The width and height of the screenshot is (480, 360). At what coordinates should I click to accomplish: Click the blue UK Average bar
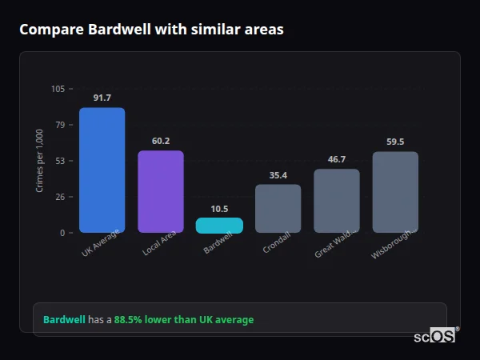pos(102,170)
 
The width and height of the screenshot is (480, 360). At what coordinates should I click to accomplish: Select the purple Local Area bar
pos(161,192)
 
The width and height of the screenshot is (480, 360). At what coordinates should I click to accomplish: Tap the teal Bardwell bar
pos(219,226)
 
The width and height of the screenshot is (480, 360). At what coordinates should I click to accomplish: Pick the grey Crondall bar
pos(278,209)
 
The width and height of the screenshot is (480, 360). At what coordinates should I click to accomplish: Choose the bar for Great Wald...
pos(337,201)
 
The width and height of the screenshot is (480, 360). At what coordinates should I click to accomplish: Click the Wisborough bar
pos(395,192)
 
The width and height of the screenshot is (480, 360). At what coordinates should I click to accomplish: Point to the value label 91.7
pos(102,98)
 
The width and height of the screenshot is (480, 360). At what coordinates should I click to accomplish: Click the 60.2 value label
pos(161,141)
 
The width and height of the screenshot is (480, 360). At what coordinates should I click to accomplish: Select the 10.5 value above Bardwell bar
pos(219,209)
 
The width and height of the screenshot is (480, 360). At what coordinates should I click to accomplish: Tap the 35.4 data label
pos(278,175)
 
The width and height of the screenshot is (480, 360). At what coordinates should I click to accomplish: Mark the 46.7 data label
pos(337,159)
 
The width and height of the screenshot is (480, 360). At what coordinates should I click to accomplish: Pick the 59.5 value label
pos(395,142)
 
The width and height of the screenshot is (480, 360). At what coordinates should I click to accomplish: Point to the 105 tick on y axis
pos(58,89)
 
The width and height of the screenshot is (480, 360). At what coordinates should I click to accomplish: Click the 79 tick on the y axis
pos(60,125)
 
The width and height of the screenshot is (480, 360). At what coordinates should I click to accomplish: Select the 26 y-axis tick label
pos(60,197)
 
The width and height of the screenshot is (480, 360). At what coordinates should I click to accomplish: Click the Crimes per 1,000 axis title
pos(40,161)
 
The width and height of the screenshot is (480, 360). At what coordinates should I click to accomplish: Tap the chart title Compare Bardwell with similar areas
pos(151,30)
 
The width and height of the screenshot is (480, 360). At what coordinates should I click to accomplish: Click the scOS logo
pos(435,336)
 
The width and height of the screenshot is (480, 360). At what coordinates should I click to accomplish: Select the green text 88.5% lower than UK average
pos(183,320)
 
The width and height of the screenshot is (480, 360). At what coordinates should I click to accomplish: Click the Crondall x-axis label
pos(276,246)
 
